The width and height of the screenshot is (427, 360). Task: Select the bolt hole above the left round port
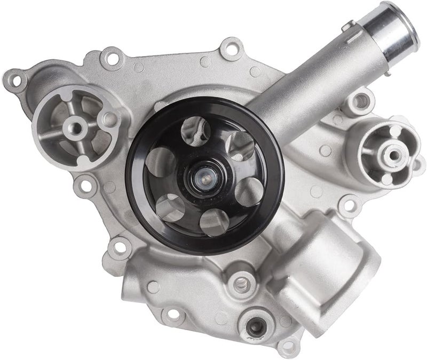[x=112, y=53]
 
